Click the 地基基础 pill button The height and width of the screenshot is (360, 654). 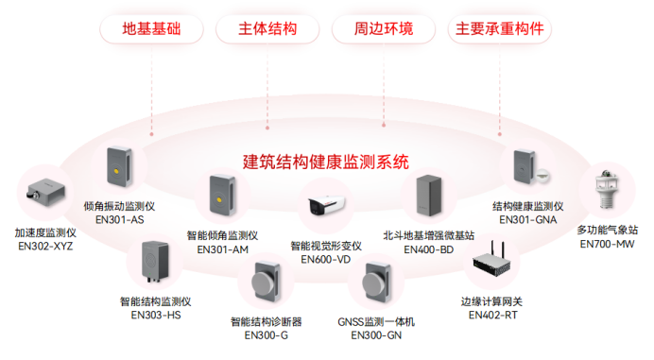coord(151,28)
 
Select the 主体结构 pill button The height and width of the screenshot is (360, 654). coord(268,28)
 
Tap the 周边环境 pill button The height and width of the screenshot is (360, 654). coord(384,28)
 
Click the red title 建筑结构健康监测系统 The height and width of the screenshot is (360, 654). coord(326,162)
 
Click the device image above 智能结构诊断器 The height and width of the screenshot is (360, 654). coord(267,284)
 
